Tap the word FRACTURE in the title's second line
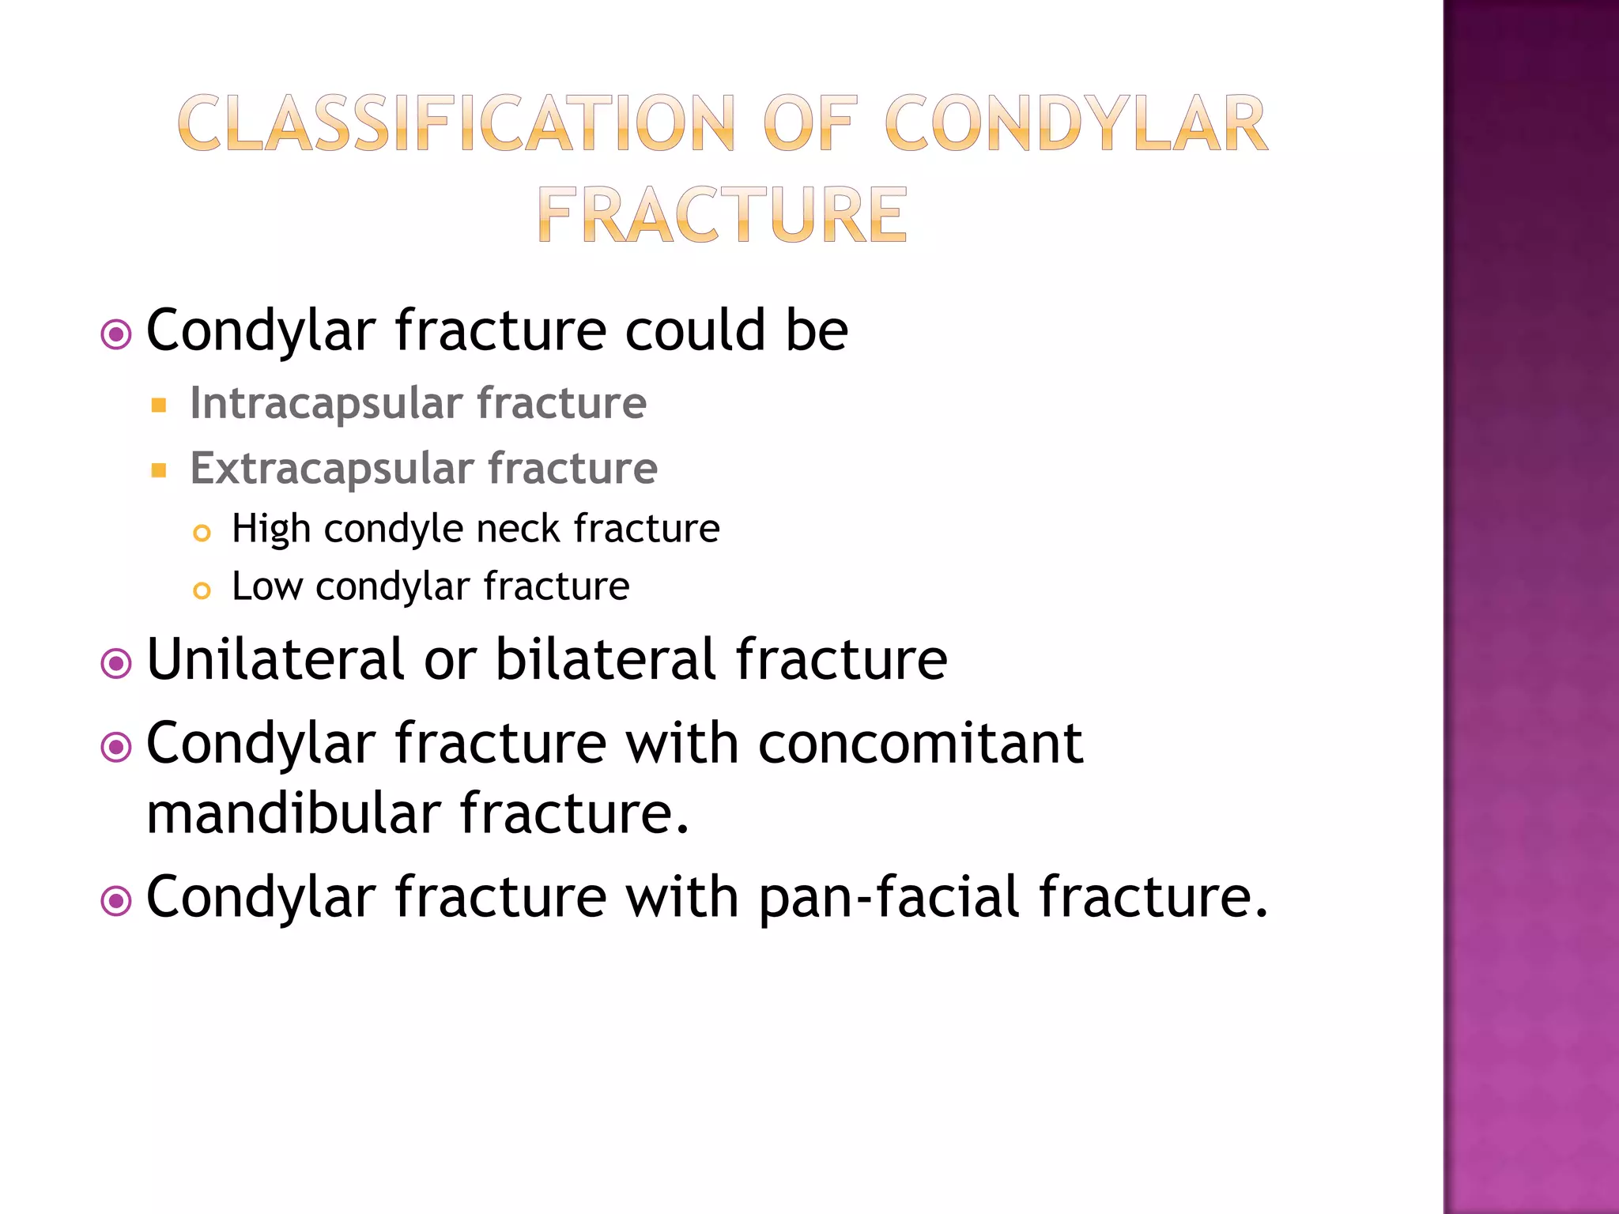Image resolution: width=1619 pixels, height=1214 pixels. click(722, 215)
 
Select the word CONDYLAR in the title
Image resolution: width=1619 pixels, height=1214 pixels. click(1076, 124)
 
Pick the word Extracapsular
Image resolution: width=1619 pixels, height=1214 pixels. click(331, 469)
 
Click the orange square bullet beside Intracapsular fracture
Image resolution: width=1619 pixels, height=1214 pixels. click(159, 406)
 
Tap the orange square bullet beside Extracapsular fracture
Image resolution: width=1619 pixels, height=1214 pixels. click(159, 471)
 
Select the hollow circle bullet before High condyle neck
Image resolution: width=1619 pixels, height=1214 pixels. click(202, 533)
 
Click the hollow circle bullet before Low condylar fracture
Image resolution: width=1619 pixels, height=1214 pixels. click(202, 591)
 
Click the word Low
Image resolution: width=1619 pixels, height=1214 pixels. click(267, 586)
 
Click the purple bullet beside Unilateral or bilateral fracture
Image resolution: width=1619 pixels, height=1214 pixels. click(117, 664)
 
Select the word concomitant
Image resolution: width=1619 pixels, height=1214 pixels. click(920, 744)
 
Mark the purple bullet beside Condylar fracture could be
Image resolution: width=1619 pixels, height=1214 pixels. click(117, 334)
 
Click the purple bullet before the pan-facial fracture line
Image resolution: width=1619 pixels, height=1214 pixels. click(117, 901)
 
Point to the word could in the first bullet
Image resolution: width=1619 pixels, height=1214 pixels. click(695, 330)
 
